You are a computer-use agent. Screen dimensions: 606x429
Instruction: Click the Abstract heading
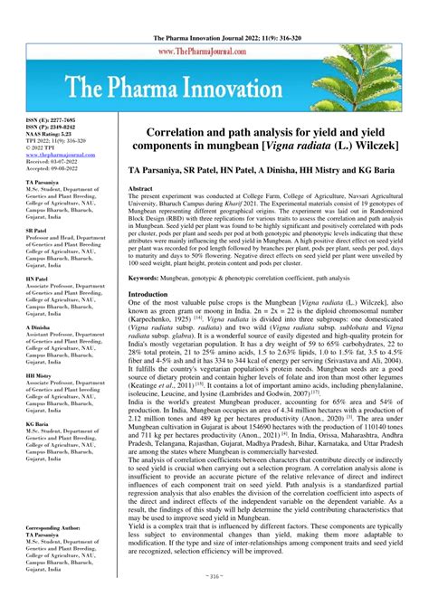[141, 188]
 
